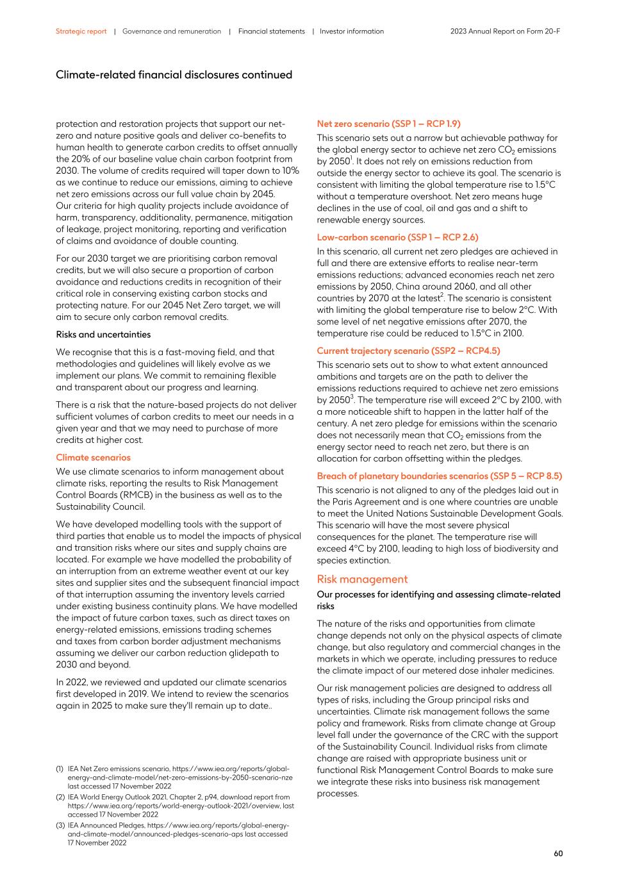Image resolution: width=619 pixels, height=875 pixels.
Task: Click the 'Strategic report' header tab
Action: point(81,31)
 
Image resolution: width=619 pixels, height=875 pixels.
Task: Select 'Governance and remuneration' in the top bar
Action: point(171,31)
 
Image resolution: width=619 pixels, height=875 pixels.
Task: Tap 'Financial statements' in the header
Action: point(271,31)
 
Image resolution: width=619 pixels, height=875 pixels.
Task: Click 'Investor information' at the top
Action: point(352,31)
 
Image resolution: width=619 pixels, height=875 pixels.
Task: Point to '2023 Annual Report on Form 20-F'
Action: point(505,31)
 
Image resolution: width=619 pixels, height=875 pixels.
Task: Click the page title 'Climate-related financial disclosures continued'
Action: point(174,75)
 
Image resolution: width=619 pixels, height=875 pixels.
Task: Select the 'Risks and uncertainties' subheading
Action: point(103,335)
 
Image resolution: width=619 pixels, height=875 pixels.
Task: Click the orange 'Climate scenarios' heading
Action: point(93,458)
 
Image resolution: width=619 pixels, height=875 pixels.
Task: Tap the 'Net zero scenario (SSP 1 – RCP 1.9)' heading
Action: point(388,124)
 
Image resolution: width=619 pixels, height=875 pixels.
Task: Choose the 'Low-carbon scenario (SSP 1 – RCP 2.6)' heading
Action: point(397,237)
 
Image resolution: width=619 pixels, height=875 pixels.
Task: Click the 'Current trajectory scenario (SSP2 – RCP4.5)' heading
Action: point(408,351)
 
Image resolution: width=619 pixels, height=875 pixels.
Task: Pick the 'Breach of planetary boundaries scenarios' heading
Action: point(439,476)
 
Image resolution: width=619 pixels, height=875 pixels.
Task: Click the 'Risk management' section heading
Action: point(362,579)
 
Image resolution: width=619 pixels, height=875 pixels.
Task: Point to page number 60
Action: point(558,853)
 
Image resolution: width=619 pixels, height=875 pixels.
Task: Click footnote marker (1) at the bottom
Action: point(60,769)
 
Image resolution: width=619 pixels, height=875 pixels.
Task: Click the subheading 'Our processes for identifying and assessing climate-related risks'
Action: point(438,600)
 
